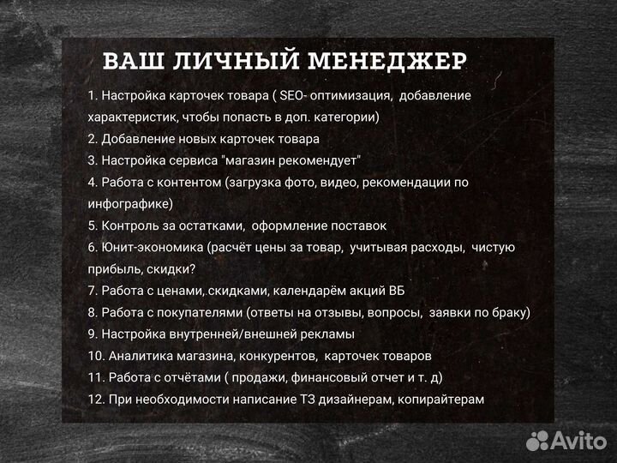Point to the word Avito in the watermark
click(578, 442)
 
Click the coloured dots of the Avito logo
click(537, 442)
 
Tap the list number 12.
click(95, 399)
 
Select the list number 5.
click(92, 225)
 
